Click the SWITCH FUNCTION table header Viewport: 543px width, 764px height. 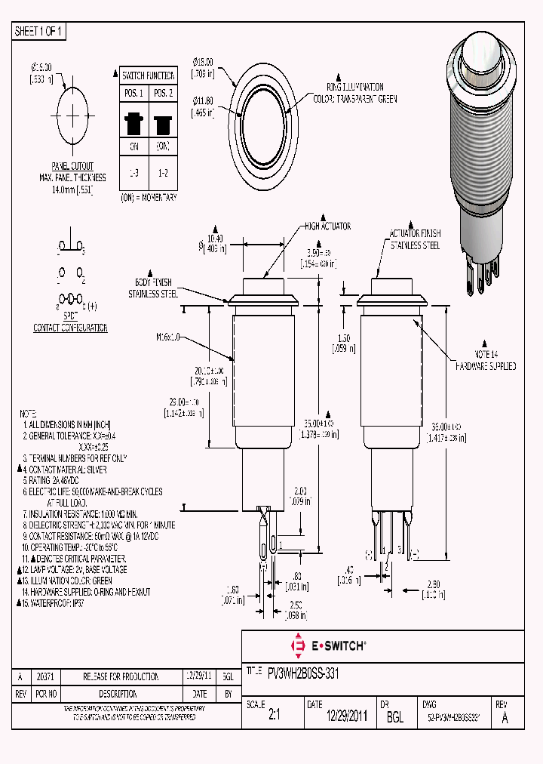149,75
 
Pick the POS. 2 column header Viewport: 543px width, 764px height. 163,93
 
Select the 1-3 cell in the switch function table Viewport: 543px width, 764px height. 134,173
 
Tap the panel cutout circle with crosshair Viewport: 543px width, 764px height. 72,116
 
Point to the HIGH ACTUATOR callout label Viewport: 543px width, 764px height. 327,226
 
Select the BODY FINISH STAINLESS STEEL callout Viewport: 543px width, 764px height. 153,288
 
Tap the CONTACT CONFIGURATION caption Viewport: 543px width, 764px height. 70,328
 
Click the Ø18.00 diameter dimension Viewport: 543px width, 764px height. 203,66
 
